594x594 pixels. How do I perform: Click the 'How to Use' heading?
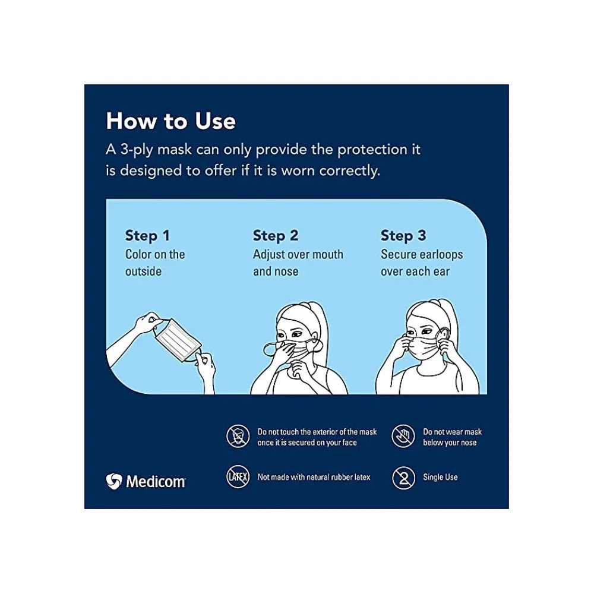pyautogui.click(x=170, y=121)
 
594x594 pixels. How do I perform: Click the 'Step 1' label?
pyautogui.click(x=147, y=236)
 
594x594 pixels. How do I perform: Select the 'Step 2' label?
pyautogui.click(x=276, y=236)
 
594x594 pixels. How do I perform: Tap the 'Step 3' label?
pyautogui.click(x=403, y=236)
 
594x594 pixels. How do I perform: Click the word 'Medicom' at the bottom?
pyautogui.click(x=155, y=481)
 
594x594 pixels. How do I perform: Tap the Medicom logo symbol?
pyautogui.click(x=113, y=481)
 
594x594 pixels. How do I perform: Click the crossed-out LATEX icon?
pyautogui.click(x=238, y=477)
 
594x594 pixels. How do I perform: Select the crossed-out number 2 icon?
pyautogui.click(x=403, y=478)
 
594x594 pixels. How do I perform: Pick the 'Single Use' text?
pyautogui.click(x=440, y=478)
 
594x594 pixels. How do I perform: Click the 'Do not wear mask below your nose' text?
pyautogui.click(x=452, y=437)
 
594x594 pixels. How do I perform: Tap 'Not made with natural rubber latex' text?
pyautogui.click(x=314, y=478)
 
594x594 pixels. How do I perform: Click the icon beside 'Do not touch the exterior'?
pyautogui.click(x=238, y=437)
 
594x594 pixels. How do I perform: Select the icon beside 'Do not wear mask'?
pyautogui.click(x=403, y=437)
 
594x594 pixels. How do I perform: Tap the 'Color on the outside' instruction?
pyautogui.click(x=155, y=263)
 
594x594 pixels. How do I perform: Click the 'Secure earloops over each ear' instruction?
pyautogui.click(x=421, y=263)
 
